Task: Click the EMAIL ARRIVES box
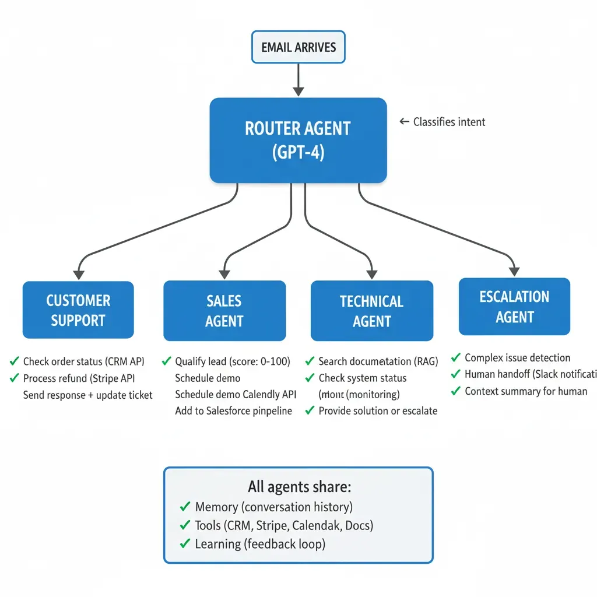tap(298, 47)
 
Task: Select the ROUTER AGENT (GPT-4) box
tap(298, 141)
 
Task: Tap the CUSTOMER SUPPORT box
tap(78, 310)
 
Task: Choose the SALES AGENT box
tap(224, 311)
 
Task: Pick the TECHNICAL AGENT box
tap(372, 311)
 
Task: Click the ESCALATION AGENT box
tap(514, 307)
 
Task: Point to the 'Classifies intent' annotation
tap(448, 122)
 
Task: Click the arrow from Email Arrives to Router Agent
tap(298, 79)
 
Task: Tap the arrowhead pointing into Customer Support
tap(78, 273)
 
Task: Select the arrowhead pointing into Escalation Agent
tap(514, 270)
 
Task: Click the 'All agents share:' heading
tap(299, 487)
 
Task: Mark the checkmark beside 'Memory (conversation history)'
tap(185, 507)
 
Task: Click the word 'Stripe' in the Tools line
tap(272, 525)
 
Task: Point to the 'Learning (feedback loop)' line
tap(260, 544)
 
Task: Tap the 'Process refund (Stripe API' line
tap(79, 378)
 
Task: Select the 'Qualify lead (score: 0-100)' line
tap(232, 361)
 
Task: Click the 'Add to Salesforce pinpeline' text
tap(233, 411)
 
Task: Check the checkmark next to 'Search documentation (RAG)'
tap(310, 361)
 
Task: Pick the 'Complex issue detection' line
tap(517, 358)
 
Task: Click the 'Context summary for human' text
tap(526, 391)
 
